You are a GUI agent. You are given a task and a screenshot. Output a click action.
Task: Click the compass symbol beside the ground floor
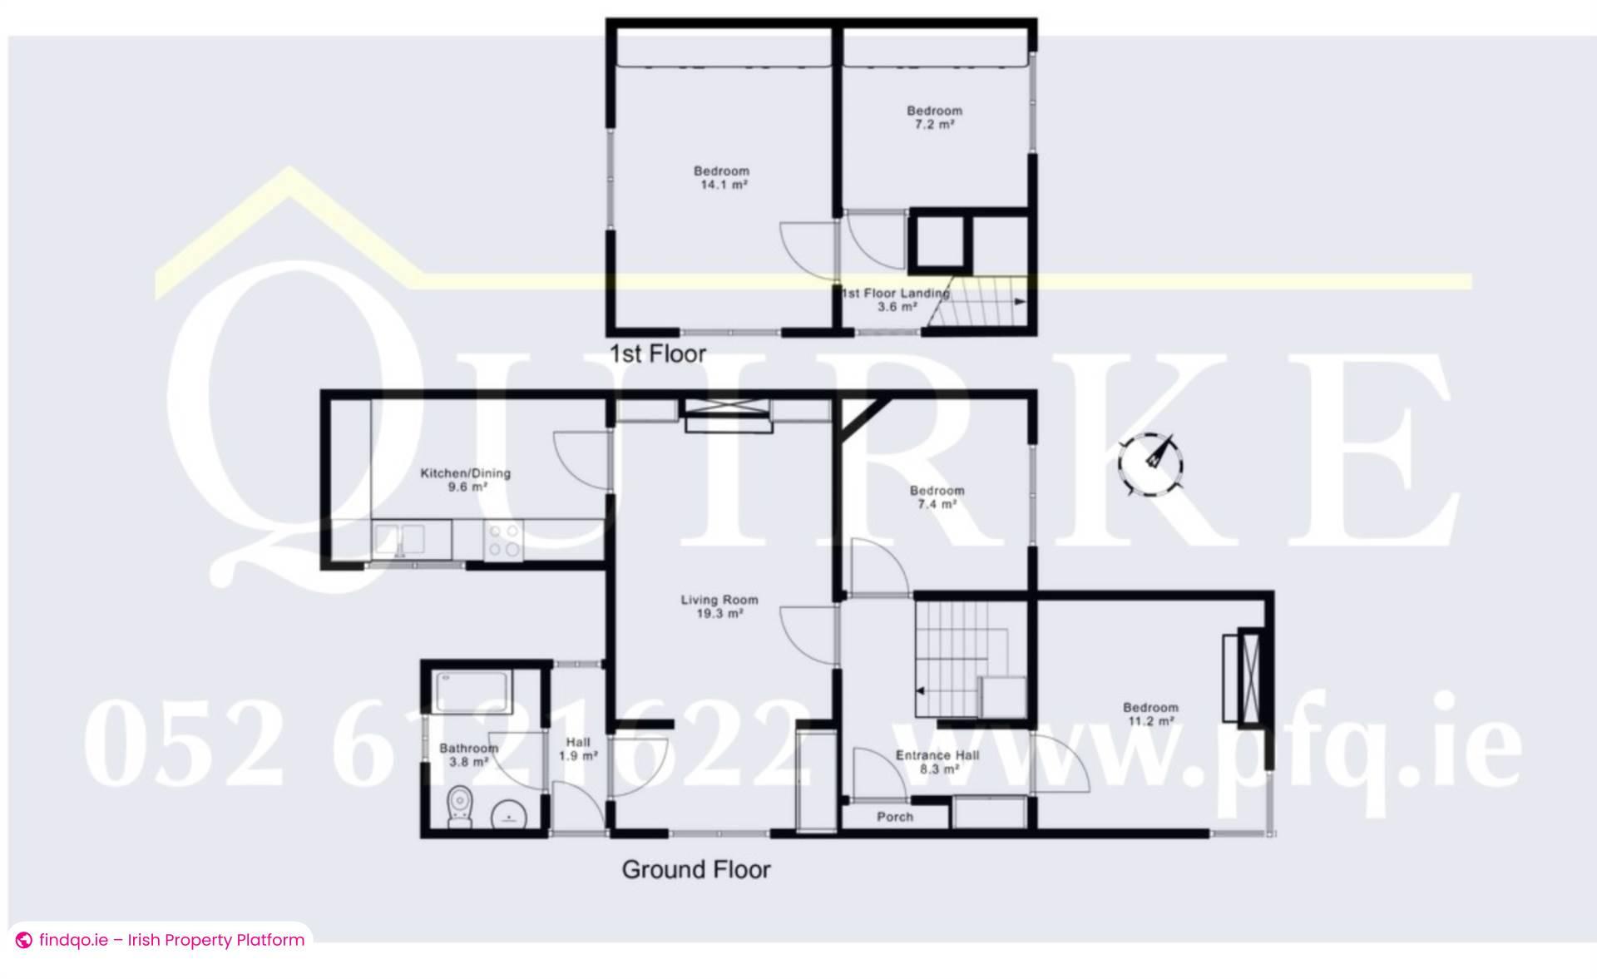pyautogui.click(x=1151, y=465)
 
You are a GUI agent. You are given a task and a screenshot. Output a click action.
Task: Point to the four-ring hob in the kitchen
pyautogui.click(x=504, y=539)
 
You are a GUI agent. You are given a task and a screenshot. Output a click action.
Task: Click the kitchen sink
pyautogui.click(x=399, y=538)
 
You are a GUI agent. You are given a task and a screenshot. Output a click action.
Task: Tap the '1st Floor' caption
pyautogui.click(x=657, y=354)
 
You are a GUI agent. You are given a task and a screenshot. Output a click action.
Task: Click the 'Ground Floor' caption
pyautogui.click(x=696, y=870)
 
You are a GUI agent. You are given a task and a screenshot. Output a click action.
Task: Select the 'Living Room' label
pyautogui.click(x=719, y=600)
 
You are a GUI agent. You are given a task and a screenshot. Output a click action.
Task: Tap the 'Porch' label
pyautogui.click(x=895, y=817)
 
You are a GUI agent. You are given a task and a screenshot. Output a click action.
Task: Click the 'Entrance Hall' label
pyautogui.click(x=937, y=755)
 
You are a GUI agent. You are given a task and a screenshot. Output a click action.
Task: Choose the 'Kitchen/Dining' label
pyautogui.click(x=466, y=473)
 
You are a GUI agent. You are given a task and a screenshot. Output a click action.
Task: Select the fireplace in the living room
pyautogui.click(x=729, y=414)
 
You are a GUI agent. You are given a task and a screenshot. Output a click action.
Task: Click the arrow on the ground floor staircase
pyautogui.click(x=921, y=690)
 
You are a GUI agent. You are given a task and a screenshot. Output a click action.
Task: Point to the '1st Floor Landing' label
pyautogui.click(x=895, y=293)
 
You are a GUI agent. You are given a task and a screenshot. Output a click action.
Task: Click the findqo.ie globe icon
pyautogui.click(x=24, y=941)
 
